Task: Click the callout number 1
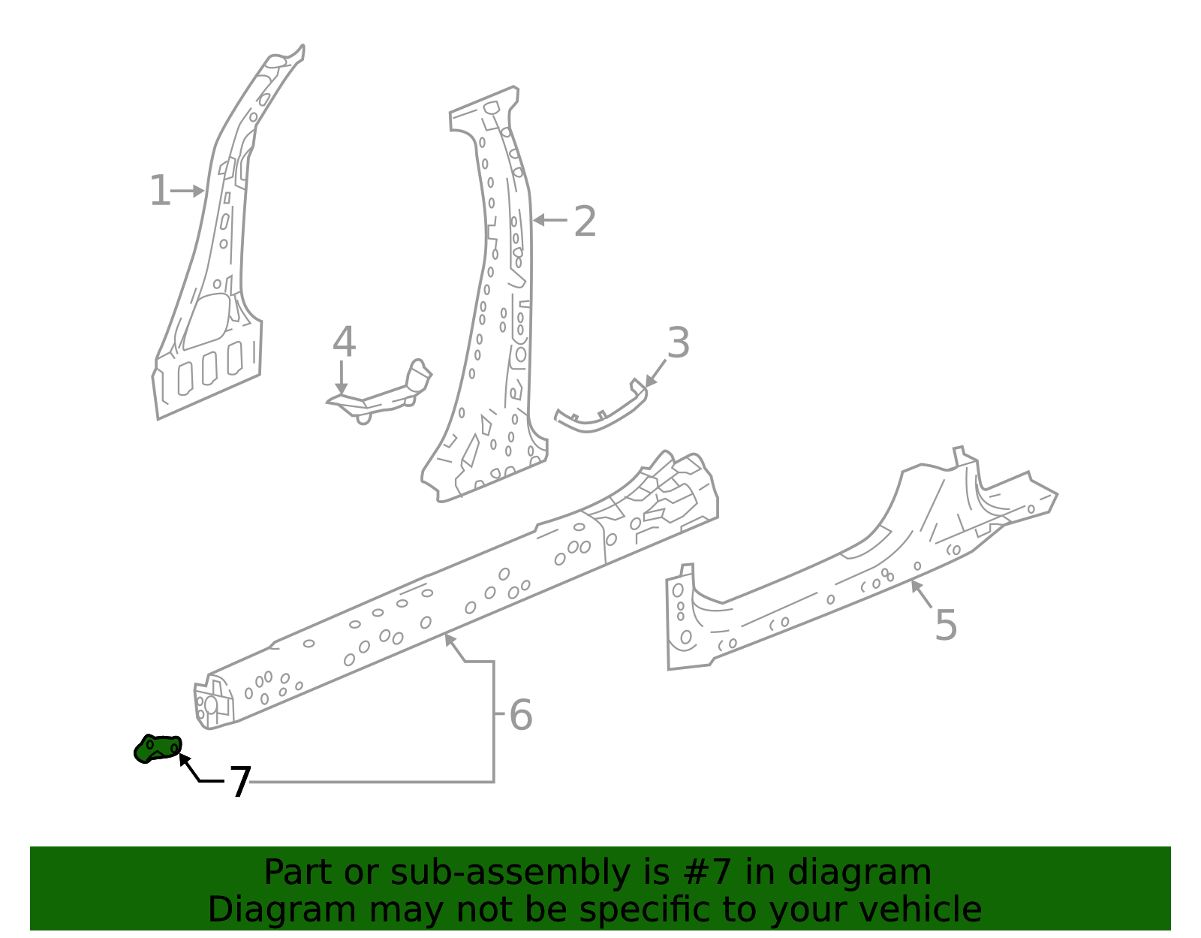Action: coord(159,191)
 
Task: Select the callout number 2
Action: coord(585,222)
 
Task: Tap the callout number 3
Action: coord(678,343)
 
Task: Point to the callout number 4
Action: coord(344,342)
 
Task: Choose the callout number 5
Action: coord(946,625)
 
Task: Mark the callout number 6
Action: coord(520,715)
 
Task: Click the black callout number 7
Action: coord(239,783)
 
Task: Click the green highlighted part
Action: coord(158,749)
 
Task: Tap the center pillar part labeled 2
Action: coord(495,315)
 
